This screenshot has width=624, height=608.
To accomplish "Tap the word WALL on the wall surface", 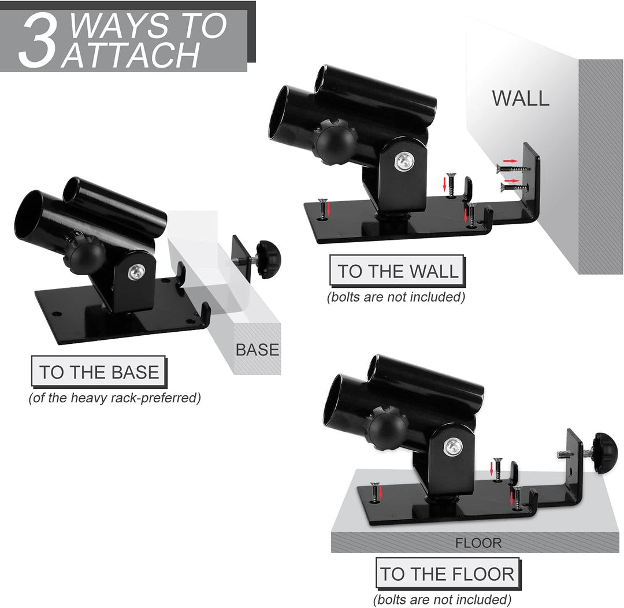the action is (521, 98).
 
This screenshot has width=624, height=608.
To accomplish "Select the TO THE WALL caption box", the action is (398, 270).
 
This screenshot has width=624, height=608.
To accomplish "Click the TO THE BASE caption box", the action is (99, 372).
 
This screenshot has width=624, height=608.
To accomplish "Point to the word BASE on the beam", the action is (257, 350).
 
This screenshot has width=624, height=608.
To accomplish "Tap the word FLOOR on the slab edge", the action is (478, 543).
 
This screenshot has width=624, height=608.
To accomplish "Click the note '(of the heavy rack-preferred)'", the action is (114, 398).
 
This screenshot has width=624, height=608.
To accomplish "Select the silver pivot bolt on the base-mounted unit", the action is (135, 272).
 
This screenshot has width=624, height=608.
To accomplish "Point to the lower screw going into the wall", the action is (514, 187).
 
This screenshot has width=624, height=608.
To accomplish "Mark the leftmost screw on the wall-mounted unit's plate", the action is (322, 208).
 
